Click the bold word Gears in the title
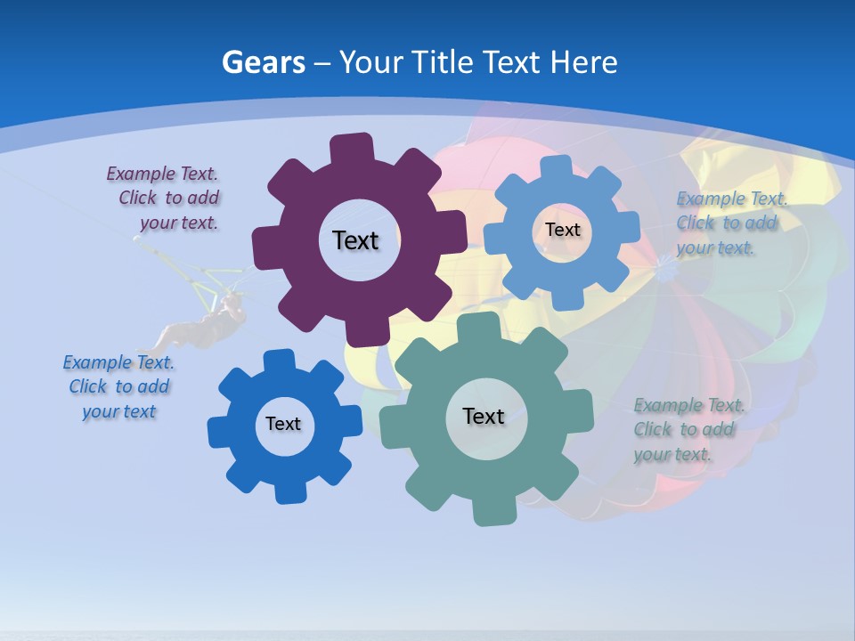point(263,62)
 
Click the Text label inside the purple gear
point(355,240)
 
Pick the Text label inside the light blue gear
point(562,230)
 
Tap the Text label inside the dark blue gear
point(283,424)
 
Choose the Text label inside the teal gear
point(484,416)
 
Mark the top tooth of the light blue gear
point(558,166)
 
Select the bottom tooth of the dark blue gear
point(288,491)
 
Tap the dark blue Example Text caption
point(118,386)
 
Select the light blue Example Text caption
point(730,223)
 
